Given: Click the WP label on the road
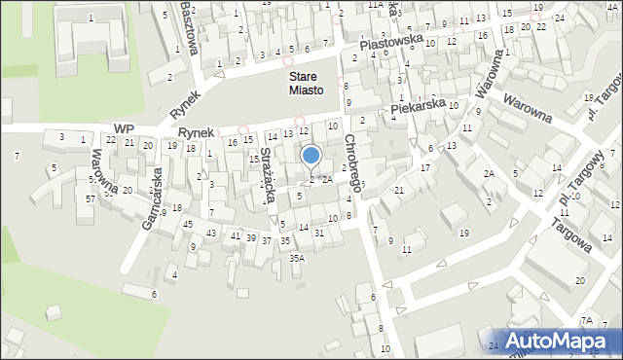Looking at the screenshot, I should (x=123, y=128).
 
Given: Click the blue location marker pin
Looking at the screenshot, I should (x=311, y=156).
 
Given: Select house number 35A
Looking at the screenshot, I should (x=297, y=258).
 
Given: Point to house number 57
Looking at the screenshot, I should (x=91, y=199).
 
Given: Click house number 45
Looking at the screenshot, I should (x=187, y=225).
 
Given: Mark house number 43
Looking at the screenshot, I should (x=211, y=233).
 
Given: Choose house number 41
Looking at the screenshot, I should (x=235, y=235).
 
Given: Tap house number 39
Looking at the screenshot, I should (x=251, y=238).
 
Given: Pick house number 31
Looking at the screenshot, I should (x=319, y=233).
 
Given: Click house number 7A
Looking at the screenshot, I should (x=586, y=320).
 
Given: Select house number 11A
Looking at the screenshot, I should (x=375, y=5).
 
